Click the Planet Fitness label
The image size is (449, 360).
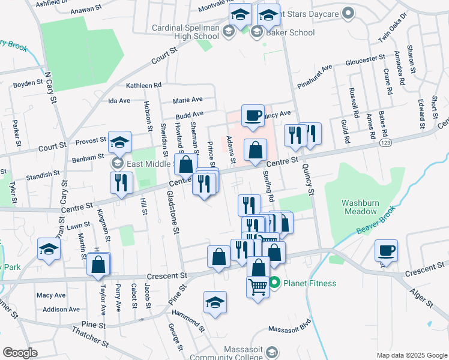310,283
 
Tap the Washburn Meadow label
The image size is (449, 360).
360,207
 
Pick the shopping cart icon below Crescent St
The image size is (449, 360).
258,287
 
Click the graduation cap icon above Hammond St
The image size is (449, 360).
215,303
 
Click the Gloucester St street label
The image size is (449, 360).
365,59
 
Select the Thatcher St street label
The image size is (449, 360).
90,337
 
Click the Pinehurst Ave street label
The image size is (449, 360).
315,73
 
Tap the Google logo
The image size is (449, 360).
20,353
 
